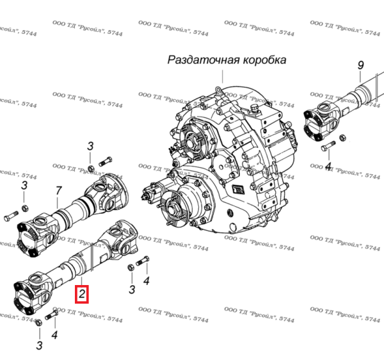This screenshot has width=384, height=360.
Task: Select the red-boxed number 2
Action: (x=83, y=295)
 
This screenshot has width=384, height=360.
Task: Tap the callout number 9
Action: (x=360, y=65)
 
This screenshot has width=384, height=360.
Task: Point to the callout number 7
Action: (x=58, y=190)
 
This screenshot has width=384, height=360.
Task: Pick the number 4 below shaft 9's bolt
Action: (x=328, y=168)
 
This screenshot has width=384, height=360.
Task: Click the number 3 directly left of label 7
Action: (x=24, y=186)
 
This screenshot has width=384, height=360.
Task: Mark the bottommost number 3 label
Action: (x=39, y=346)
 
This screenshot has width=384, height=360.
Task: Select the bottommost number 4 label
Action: (x=54, y=334)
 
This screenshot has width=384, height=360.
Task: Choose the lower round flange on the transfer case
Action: (x=173, y=212)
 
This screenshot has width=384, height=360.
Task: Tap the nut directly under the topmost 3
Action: (x=91, y=168)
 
